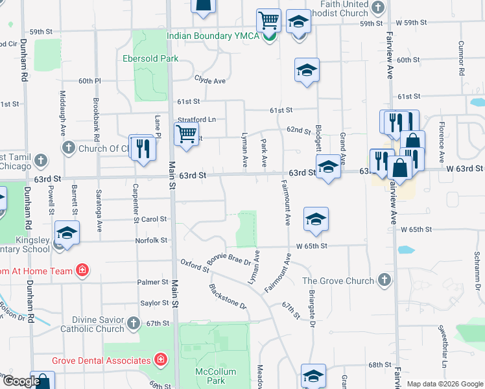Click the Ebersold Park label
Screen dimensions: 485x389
tap(150, 58)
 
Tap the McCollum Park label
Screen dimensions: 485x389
tap(211, 376)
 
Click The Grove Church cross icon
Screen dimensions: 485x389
tap(384, 280)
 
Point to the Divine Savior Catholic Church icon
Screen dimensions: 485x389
tap(133, 323)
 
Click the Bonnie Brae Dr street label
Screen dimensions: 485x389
tap(229, 259)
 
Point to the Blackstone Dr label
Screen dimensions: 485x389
tap(228, 296)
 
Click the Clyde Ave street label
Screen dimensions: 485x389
tap(209, 80)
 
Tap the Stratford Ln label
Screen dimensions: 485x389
tap(196, 119)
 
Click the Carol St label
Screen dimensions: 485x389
tap(154, 220)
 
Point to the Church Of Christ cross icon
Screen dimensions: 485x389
tap(68, 148)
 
